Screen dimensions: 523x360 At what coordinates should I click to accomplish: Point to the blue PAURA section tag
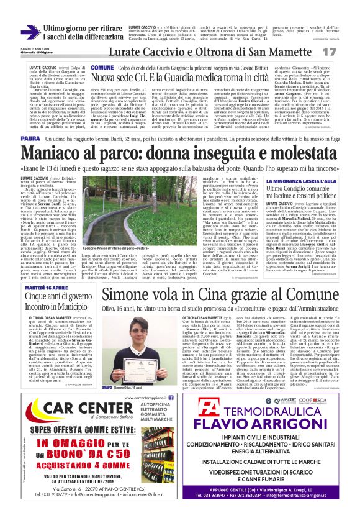(30, 138)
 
